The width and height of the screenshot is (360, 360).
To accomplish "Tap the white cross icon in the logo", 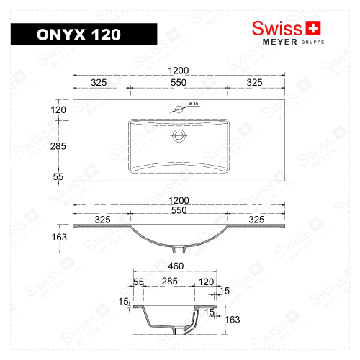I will coord(312,28).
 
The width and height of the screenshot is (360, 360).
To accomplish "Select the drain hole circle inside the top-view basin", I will coord(179,135).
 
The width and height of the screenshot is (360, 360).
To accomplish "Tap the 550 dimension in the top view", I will coord(179,83).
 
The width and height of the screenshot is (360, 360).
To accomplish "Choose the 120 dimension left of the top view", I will coord(58,109).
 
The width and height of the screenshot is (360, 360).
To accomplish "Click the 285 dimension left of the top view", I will coord(58,146).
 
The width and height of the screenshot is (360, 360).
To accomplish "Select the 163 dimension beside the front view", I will coord(58,237).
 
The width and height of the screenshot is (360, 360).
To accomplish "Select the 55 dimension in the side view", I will coord(138,281).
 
